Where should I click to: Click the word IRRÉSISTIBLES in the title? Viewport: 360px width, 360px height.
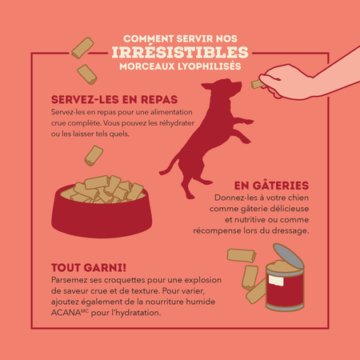(x=180, y=52)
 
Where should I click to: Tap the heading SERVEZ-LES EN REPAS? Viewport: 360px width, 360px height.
(x=114, y=100)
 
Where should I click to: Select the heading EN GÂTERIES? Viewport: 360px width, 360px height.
(x=271, y=186)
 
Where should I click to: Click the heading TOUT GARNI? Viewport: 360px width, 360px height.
(x=89, y=268)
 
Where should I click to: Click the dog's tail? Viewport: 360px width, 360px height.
(x=169, y=166)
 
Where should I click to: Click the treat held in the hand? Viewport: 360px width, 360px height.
(x=257, y=84)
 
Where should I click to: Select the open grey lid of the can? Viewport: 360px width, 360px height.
(x=289, y=255)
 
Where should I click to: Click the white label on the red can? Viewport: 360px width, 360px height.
(x=276, y=281)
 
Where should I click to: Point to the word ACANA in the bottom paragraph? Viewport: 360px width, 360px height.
(x=66, y=313)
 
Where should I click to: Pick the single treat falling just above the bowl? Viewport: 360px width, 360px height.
(x=94, y=155)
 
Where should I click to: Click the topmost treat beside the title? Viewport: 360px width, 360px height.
(x=82, y=48)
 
